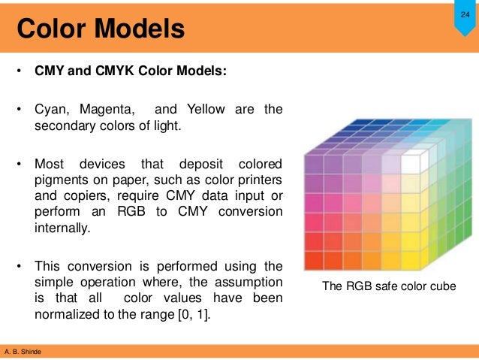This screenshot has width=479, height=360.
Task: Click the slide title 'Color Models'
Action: pyautogui.click(x=101, y=29)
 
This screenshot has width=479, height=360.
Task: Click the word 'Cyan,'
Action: pyautogui.click(x=53, y=110)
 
